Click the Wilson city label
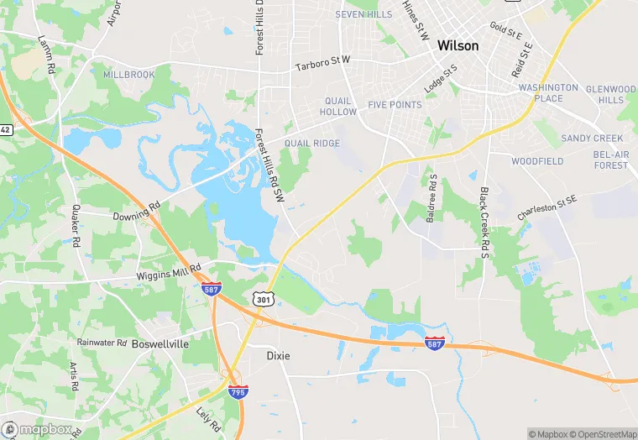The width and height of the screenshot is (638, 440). tap(458, 47)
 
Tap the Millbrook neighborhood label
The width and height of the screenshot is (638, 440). tap(128, 75)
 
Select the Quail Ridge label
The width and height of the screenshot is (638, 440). tap(312, 144)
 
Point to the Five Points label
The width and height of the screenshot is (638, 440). tap(395, 106)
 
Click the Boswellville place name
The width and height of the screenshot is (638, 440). tap(159, 344)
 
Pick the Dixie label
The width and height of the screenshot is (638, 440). tap(278, 356)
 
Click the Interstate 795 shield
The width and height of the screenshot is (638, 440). tap(238, 390)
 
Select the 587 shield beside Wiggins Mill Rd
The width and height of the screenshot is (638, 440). tap(212, 289)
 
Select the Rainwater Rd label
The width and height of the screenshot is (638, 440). tap(102, 343)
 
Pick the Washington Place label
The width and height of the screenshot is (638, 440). tap(547, 93)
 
